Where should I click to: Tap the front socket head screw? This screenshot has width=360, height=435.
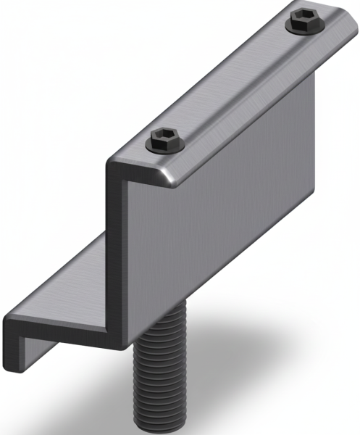166,140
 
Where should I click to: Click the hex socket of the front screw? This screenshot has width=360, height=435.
166,138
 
